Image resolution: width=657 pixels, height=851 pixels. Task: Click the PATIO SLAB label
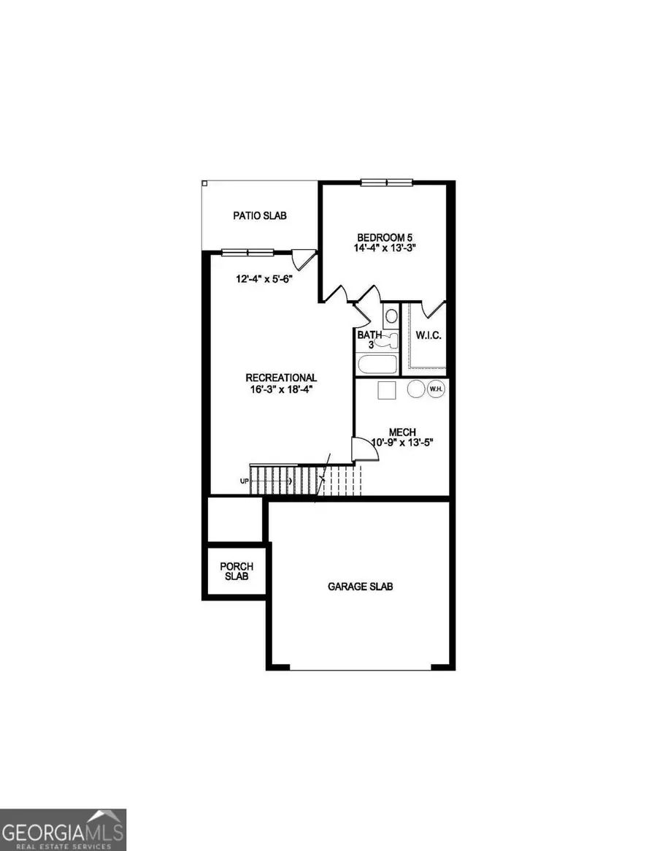click(x=260, y=215)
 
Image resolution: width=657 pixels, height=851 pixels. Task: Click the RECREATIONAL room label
click(x=281, y=377)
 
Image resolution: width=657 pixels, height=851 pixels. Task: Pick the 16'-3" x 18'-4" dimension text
click(x=281, y=389)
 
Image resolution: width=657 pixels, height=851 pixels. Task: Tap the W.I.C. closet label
click(x=429, y=335)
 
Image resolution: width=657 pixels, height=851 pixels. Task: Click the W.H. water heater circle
click(x=436, y=389)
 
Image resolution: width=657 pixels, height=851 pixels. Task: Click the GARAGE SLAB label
click(x=361, y=586)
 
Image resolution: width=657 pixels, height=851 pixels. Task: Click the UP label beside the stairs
click(x=244, y=481)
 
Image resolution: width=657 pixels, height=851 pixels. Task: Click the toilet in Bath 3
click(x=391, y=316)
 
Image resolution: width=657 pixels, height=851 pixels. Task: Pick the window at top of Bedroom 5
click(x=387, y=183)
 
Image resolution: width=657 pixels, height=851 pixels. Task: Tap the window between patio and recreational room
click(x=247, y=253)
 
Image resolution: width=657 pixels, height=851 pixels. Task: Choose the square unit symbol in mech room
click(x=387, y=389)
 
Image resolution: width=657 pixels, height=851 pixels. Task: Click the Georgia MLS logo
click(x=64, y=830)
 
